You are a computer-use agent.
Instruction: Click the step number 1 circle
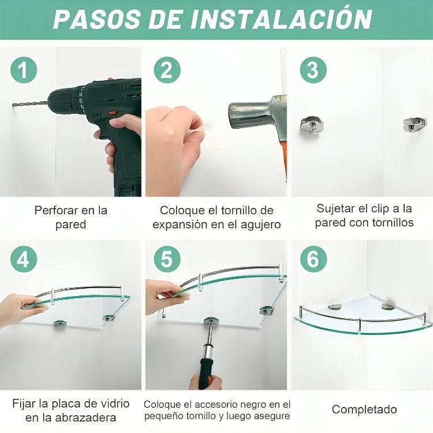23,71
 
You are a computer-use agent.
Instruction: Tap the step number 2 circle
166,71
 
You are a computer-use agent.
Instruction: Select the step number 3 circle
312,71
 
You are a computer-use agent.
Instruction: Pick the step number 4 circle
23,259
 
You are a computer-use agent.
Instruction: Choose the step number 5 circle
166,259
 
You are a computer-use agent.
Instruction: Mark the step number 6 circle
312,259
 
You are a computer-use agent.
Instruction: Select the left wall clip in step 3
312,125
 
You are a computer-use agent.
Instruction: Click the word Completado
364,409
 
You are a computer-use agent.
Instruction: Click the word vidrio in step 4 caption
111,403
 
